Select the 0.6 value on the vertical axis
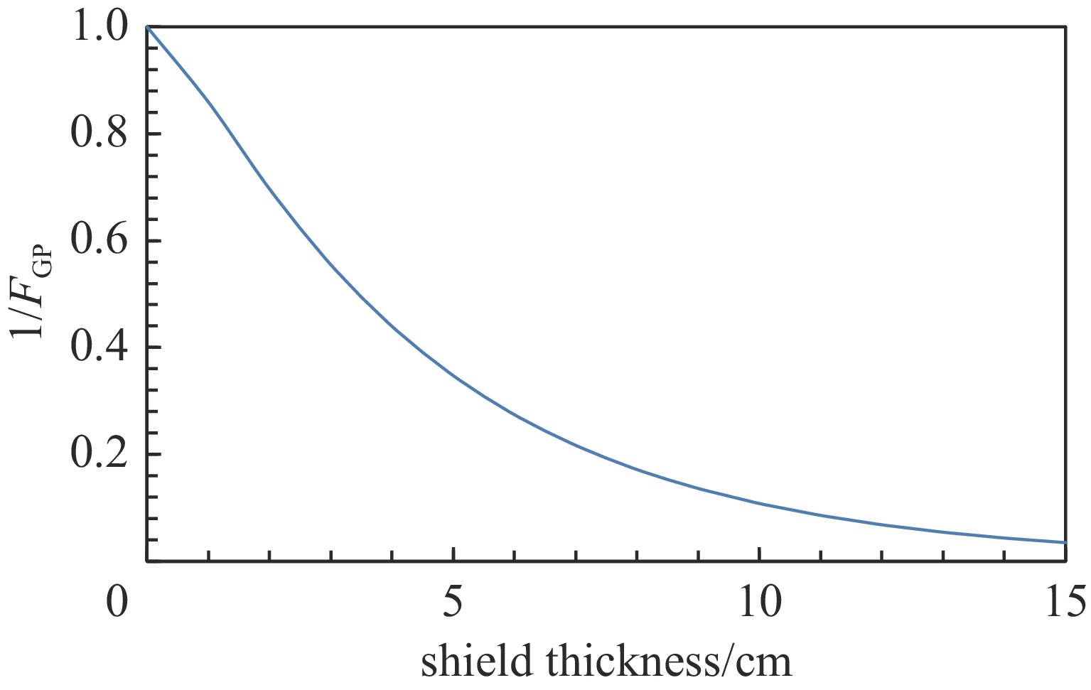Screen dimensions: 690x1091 (x=99, y=240)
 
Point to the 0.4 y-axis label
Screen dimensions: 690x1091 (x=99, y=347)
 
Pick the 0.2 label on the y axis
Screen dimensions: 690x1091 (x=99, y=454)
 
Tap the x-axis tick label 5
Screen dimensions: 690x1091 (x=453, y=603)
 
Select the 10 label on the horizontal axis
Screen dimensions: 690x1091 (x=760, y=603)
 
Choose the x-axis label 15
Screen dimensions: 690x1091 (x=1065, y=603)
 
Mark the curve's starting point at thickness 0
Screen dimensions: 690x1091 (x=147, y=26)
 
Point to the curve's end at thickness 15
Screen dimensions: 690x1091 (x=1065, y=542)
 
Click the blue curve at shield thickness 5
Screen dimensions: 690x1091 (x=453, y=377)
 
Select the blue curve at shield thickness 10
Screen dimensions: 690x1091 (x=760, y=504)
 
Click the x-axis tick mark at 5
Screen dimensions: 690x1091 (x=453, y=554)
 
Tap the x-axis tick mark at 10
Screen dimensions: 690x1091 (x=760, y=554)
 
